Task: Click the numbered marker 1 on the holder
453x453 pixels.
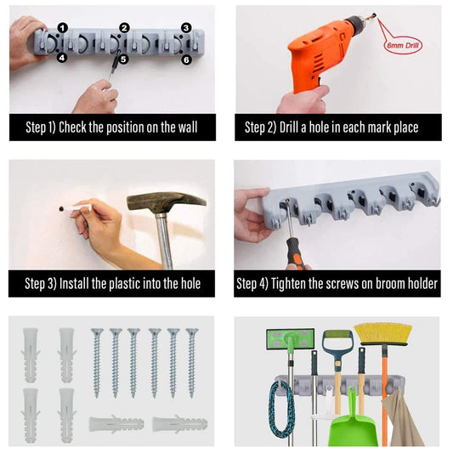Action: click(63, 28)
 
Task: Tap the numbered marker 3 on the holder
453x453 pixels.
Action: click(186, 28)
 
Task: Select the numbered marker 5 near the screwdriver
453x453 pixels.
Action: click(123, 59)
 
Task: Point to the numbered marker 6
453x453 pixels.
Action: click(187, 59)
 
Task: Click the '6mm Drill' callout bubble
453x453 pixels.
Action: click(403, 45)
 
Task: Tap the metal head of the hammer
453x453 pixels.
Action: click(166, 202)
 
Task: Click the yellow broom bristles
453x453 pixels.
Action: click(382, 334)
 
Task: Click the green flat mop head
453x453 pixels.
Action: click(290, 339)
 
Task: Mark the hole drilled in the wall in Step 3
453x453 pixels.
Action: click(61, 208)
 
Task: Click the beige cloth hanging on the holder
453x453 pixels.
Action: click(403, 417)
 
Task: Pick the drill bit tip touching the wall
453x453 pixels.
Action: click(374, 14)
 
